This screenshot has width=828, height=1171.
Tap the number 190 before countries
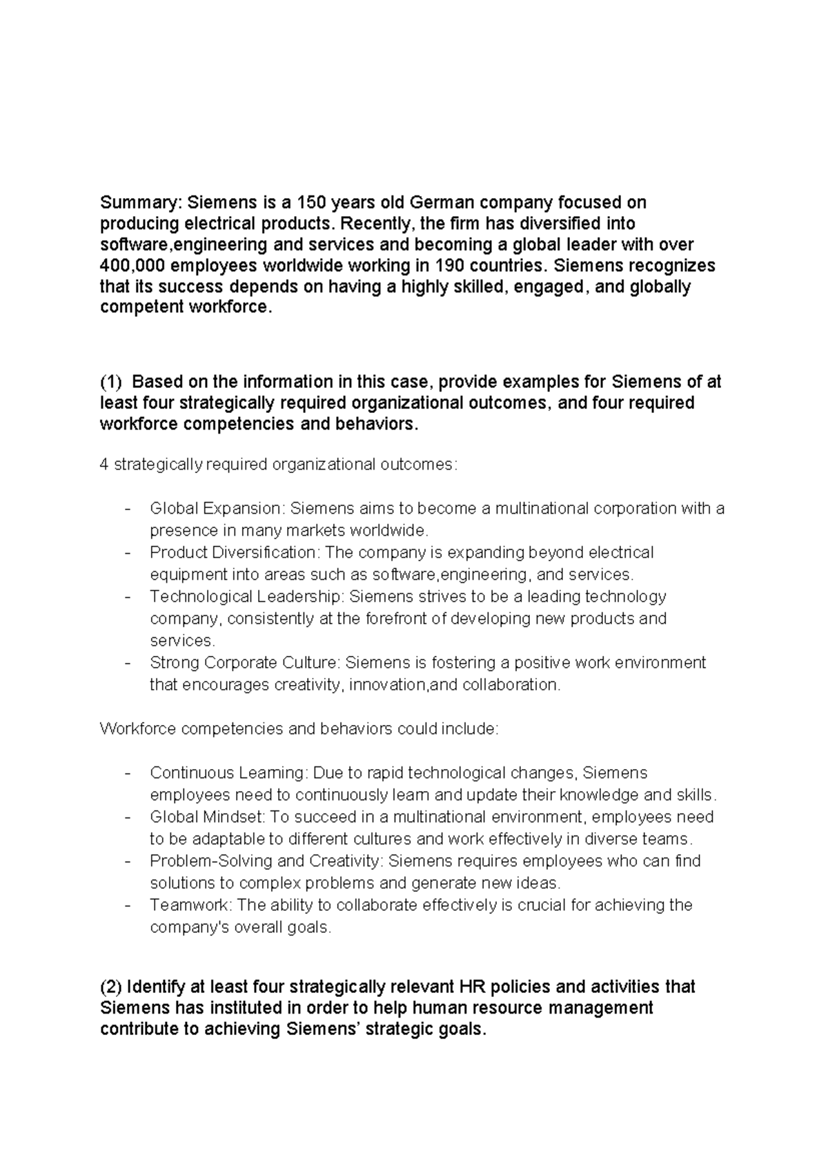pos(449,266)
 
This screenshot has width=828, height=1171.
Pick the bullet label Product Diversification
pos(235,553)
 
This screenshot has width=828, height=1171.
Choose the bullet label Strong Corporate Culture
pos(245,663)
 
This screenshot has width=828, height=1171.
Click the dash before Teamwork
pos(128,905)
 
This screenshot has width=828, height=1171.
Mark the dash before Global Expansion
pos(128,509)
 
